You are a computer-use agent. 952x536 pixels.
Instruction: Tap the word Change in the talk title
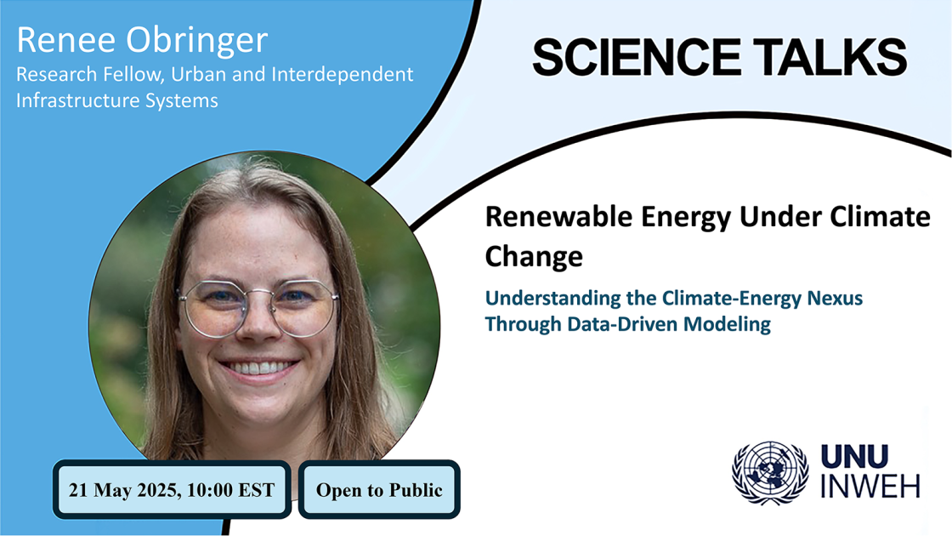pyautogui.click(x=534, y=255)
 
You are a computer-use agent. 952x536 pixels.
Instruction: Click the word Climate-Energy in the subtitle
pyautogui.click(x=697, y=299)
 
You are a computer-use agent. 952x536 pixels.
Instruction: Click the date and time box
pyautogui.click(x=173, y=489)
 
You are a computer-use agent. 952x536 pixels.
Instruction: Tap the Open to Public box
pyautogui.click(x=379, y=489)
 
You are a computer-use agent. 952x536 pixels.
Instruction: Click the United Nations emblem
pyautogui.click(x=771, y=473)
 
